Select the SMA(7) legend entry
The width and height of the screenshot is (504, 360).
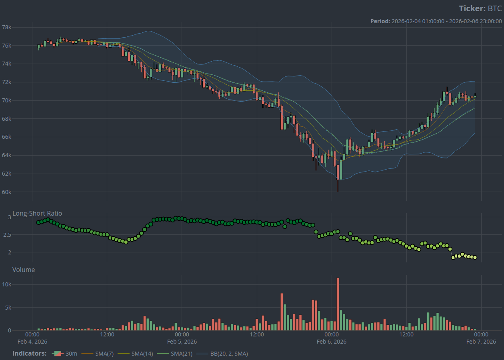(x=103, y=354)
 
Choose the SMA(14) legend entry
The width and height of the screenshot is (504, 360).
(x=142, y=354)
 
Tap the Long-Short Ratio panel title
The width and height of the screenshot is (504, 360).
(x=37, y=214)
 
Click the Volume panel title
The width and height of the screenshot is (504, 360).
(x=24, y=270)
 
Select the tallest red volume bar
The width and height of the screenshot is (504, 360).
(x=338, y=304)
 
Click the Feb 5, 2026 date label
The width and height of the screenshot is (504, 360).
(x=182, y=342)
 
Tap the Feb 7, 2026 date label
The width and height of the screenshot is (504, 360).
(x=481, y=342)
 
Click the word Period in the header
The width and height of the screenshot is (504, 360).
(x=379, y=21)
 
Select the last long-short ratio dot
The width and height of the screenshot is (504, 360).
(x=475, y=258)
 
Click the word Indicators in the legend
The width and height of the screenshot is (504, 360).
(x=29, y=354)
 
